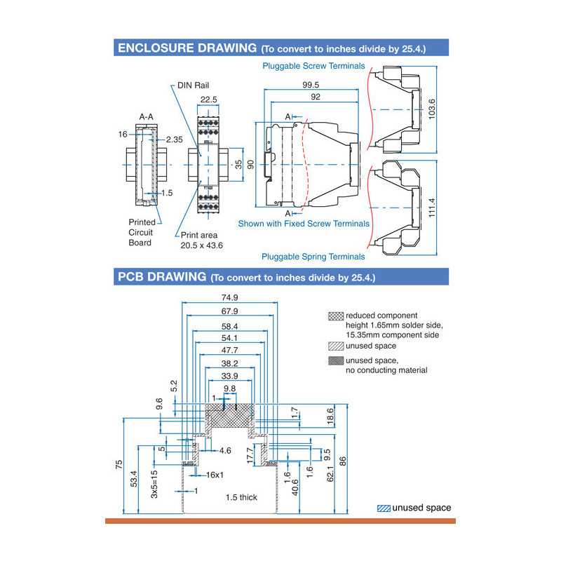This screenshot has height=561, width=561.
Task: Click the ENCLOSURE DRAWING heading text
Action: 187,48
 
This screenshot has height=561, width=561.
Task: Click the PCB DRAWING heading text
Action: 161,276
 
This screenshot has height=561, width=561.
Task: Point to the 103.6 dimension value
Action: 431,110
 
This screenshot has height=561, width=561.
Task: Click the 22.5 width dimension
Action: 209,100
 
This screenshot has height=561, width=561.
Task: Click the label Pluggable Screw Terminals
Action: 313,66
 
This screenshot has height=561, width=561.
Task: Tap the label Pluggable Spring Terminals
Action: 313,257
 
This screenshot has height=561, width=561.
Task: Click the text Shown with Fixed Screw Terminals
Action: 304,224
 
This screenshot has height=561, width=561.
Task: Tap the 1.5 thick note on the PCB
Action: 241,497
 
